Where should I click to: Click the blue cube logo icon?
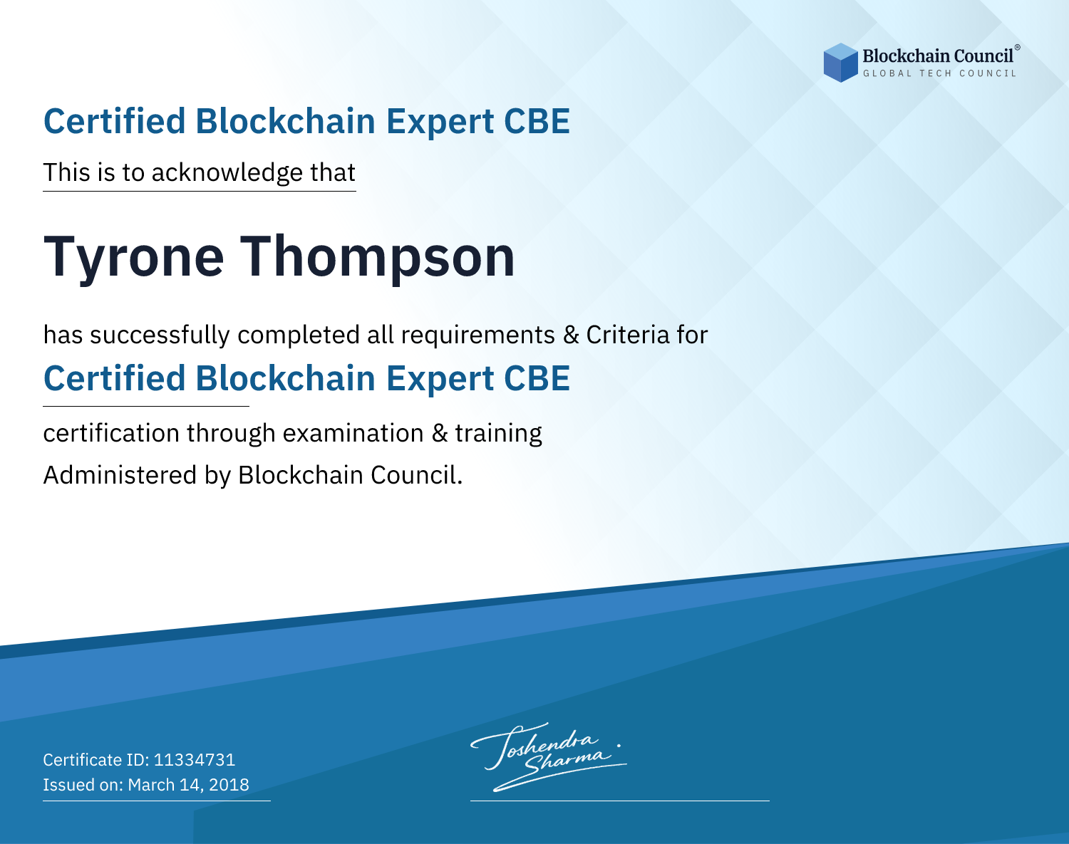click(x=840, y=63)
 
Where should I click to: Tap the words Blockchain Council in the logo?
click(x=938, y=56)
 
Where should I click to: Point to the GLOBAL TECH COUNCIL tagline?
click(x=940, y=73)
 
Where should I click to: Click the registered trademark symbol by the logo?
click(x=1017, y=48)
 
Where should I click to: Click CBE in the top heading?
click(x=537, y=121)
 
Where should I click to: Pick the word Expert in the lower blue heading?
click(x=440, y=380)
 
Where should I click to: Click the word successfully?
click(x=160, y=335)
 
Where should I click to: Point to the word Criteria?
click(x=627, y=335)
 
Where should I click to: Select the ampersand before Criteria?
click(x=572, y=335)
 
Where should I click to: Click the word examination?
click(x=353, y=433)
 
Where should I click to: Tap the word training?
click(x=499, y=434)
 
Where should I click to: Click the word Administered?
click(x=120, y=475)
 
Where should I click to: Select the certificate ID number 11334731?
click(x=195, y=760)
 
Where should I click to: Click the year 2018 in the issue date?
click(x=229, y=785)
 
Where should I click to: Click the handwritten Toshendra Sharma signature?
click(x=549, y=757)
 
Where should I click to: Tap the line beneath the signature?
click(x=620, y=801)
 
